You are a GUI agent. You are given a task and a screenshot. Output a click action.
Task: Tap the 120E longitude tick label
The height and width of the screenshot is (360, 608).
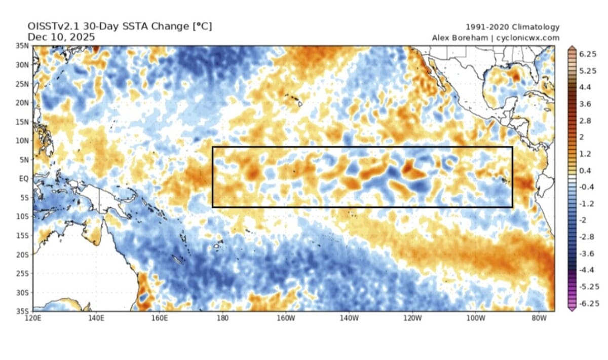coord(33,318)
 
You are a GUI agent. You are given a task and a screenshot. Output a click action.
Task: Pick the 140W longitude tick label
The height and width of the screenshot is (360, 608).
coord(349,318)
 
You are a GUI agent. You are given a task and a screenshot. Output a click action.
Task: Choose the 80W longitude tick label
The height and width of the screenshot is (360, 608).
coord(539,318)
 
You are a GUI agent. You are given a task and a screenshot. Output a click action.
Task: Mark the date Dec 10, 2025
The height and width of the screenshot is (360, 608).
coord(61,37)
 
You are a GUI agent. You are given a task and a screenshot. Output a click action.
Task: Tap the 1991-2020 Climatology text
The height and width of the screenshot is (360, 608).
coord(512,27)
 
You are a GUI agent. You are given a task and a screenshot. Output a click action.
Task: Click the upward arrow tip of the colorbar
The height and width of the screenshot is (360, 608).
coord(572,47)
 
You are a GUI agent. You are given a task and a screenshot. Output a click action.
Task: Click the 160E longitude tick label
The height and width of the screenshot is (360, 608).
coord(159,318)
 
